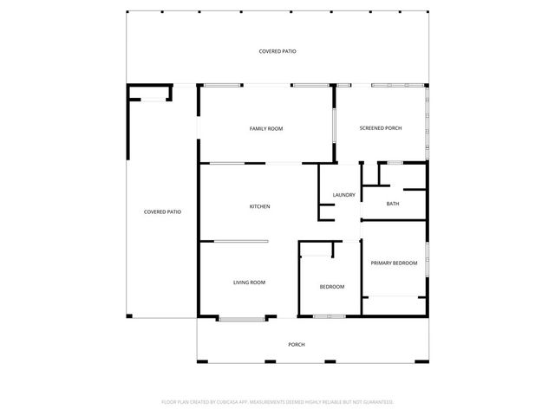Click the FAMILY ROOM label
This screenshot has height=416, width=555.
tap(266, 128)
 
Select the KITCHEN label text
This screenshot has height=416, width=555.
tap(259, 206)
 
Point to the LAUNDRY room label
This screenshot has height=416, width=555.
tap(343, 195)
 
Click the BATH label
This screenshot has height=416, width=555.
tap(392, 204)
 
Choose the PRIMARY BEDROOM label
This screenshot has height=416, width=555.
tap(394, 263)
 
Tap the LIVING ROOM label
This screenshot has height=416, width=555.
tap(249, 283)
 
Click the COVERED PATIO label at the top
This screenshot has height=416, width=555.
tap(277, 52)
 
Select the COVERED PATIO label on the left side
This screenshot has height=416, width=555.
tap(162, 211)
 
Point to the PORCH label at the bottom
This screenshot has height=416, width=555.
tap(297, 344)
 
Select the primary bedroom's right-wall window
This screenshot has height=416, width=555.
tap(427, 260)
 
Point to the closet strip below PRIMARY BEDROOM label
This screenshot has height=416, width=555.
tap(394, 306)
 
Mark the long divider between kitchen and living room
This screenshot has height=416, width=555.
tap(242, 241)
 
